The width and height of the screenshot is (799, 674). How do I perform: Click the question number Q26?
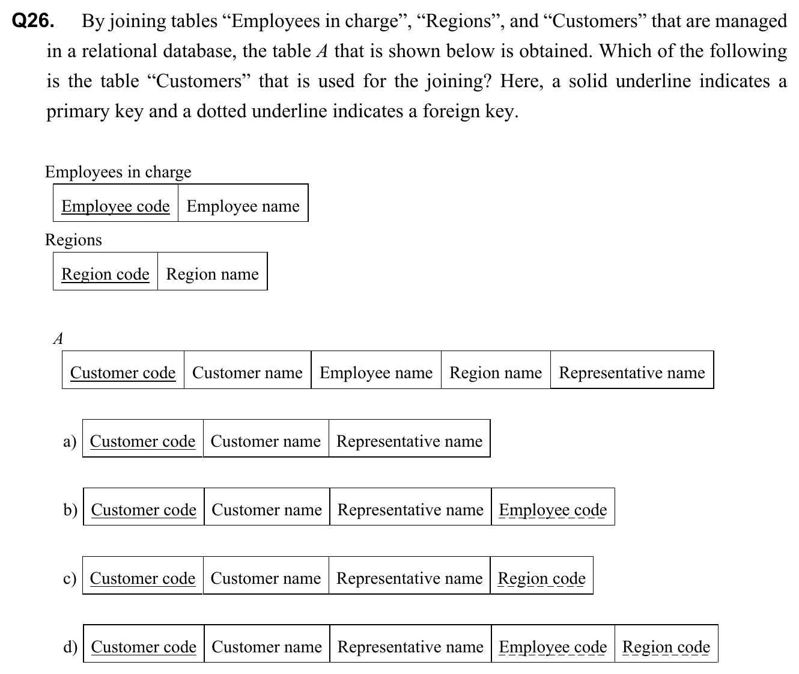point(32,22)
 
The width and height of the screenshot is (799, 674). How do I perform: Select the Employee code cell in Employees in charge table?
point(115,206)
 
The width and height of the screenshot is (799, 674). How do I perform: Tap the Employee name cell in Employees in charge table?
point(243,206)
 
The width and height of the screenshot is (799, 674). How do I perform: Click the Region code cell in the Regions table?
point(105,274)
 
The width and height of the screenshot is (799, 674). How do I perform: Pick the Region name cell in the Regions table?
point(212,274)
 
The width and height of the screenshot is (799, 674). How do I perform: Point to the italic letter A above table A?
point(58,339)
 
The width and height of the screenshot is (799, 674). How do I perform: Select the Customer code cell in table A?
point(123,373)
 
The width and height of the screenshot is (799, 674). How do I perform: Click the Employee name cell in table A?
point(375,373)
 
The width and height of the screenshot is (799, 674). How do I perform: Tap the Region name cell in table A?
point(496,373)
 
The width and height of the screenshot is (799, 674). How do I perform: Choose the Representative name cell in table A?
point(632,373)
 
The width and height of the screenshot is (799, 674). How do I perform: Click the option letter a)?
point(70,441)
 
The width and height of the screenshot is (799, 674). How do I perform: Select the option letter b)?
point(70,510)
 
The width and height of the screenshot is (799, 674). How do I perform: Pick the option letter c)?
point(70,578)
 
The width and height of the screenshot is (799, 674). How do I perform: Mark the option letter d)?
point(70,647)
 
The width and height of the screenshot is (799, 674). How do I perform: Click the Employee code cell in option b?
point(553,510)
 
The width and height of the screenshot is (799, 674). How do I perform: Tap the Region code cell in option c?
point(541,578)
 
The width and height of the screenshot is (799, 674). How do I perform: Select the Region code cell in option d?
point(666,647)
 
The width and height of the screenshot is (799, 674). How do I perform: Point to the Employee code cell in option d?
point(553,647)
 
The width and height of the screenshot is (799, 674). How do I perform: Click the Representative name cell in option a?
point(409,441)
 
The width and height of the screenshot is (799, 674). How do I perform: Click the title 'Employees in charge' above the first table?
point(118,172)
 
